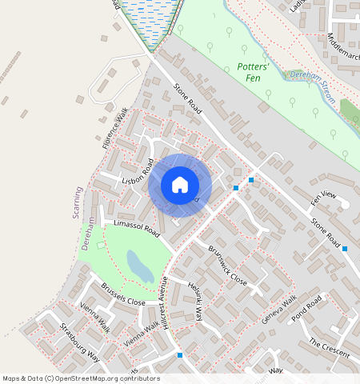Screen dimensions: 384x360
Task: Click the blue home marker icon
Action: pos(180,186)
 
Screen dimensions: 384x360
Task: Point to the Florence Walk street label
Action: pos(114,130)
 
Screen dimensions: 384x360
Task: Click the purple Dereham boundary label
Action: pos(89,234)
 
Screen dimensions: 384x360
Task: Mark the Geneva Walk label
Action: pos(279,310)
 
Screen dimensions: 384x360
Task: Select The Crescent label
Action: pos(329,347)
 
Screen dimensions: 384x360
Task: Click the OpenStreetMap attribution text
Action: pos(81,378)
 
